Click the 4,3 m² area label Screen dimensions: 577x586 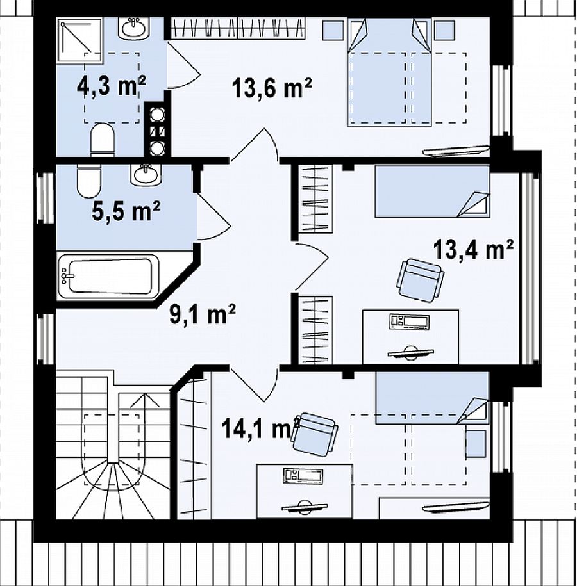111,86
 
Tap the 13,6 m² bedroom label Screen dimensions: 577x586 272,88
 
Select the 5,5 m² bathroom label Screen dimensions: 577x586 126,211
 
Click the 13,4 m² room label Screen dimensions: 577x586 473,249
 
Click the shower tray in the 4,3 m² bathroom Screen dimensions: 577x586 79,40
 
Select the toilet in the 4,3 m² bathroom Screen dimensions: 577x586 103,140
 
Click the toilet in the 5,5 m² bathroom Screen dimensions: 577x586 89,181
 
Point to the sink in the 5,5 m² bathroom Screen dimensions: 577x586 146,175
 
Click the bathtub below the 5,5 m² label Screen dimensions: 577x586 109,276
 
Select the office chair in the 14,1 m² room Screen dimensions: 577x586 314,434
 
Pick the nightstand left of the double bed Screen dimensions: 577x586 333,30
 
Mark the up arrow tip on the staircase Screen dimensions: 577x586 144,394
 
